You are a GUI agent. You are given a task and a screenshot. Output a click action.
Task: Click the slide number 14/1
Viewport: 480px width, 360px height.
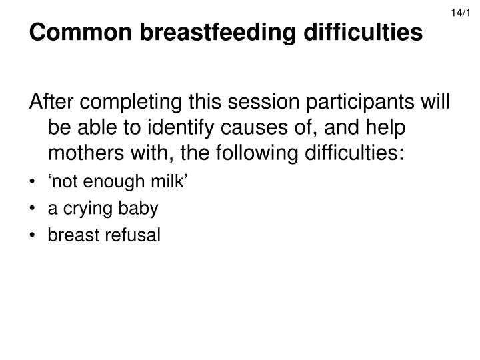pyautogui.click(x=467, y=12)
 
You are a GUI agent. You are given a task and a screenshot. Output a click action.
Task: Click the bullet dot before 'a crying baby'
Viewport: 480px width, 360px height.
pyautogui.click(x=33, y=209)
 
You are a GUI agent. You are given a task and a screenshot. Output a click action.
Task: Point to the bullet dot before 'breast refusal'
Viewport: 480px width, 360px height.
pyautogui.click(x=33, y=235)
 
